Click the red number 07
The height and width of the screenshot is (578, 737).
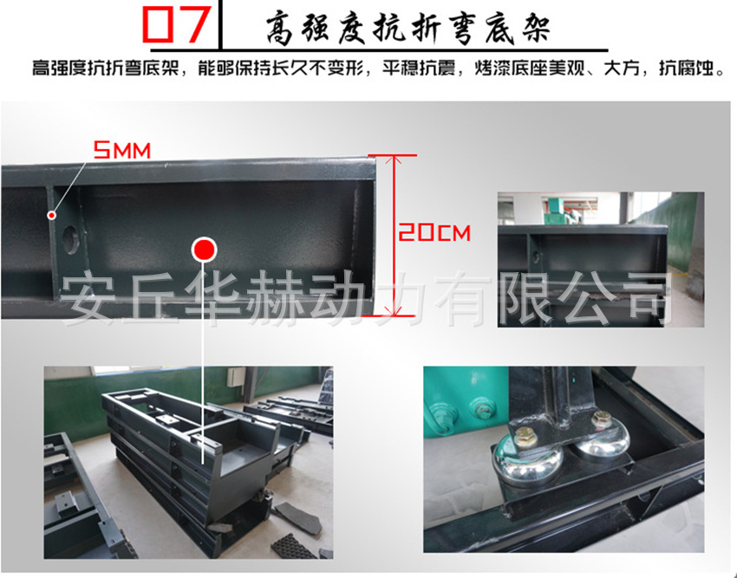(x=176, y=24)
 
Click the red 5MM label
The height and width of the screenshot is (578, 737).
(x=121, y=151)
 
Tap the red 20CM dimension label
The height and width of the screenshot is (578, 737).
(x=434, y=232)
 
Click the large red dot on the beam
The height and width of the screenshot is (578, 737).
(x=204, y=250)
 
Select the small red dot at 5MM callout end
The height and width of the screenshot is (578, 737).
(x=52, y=215)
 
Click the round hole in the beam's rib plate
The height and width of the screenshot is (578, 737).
(x=70, y=240)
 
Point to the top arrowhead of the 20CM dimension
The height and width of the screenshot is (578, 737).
(x=394, y=159)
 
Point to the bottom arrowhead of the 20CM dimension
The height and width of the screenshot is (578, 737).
(x=394, y=309)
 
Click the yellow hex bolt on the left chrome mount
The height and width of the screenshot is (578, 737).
(x=525, y=437)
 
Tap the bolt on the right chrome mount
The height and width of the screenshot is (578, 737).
(x=601, y=419)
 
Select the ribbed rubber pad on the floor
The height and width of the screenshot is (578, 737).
(x=293, y=546)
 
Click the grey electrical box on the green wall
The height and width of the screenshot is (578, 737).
(x=236, y=376)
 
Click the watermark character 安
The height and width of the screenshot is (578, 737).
(x=88, y=298)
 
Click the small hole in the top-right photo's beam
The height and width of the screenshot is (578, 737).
(x=535, y=257)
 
